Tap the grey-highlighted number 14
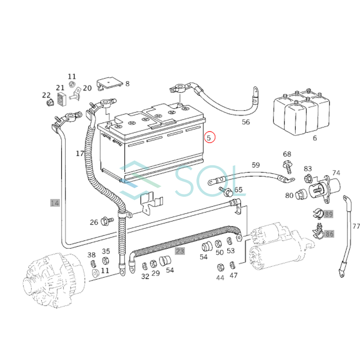point(55,203)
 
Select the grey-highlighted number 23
point(180,251)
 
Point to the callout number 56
point(246,122)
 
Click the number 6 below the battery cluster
point(315,138)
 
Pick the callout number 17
point(80,154)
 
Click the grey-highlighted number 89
point(328,214)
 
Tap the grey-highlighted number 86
point(329,234)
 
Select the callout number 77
point(356,226)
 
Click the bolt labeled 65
point(226,191)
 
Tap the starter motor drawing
point(280,248)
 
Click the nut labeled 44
point(220,267)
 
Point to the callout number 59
point(256,165)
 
